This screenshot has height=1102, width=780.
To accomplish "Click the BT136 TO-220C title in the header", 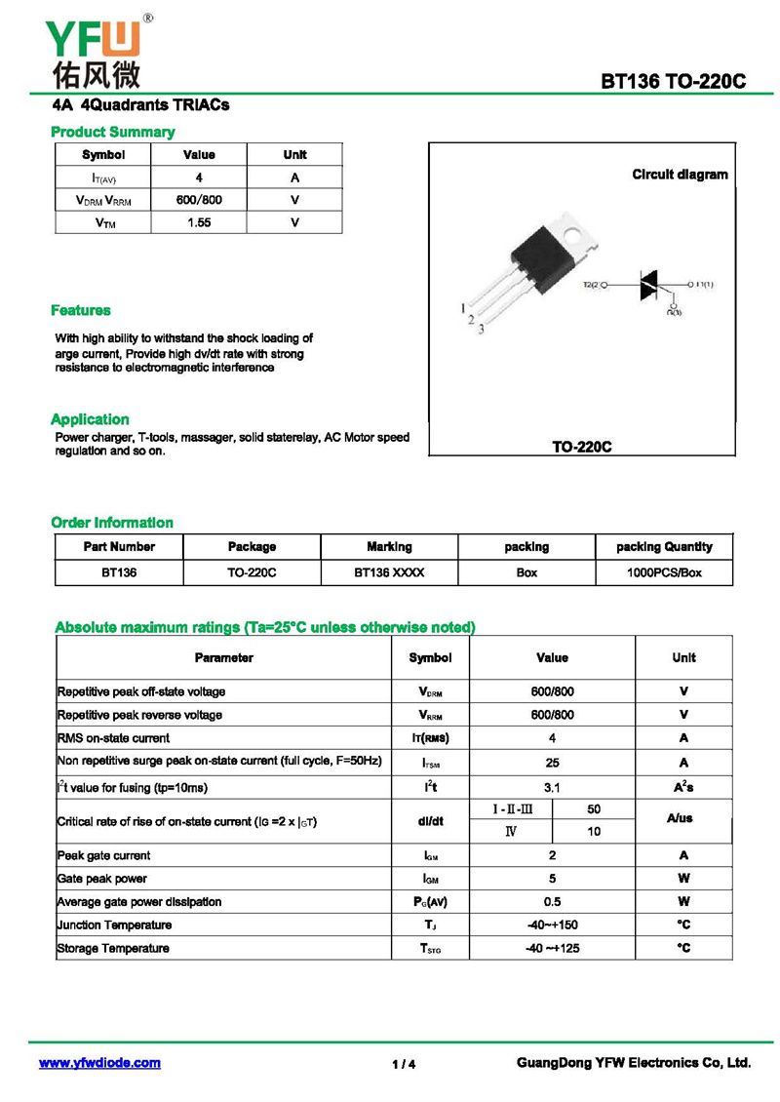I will (x=673, y=81).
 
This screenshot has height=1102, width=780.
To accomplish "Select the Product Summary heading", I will (x=112, y=132).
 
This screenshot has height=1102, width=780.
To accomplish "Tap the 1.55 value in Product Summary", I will (x=199, y=222).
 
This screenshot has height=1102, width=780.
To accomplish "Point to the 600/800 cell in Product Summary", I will (x=199, y=200).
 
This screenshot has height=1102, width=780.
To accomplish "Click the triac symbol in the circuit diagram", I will (x=650, y=285).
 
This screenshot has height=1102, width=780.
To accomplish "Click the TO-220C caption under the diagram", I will (x=581, y=447).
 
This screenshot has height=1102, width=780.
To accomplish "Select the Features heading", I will (x=81, y=310).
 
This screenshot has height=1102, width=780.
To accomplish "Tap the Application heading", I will (x=90, y=418).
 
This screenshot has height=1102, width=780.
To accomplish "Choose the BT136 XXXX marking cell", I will (x=389, y=572).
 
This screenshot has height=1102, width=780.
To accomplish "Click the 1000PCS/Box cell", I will (x=664, y=572).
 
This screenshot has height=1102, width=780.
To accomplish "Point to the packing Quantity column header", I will (x=664, y=547).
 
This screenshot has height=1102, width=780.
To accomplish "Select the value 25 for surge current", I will (x=552, y=762).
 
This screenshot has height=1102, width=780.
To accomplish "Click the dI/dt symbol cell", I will (x=430, y=821).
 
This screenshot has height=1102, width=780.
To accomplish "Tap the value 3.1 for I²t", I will (x=552, y=786).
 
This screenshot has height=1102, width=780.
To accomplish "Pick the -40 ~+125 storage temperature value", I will (x=552, y=948).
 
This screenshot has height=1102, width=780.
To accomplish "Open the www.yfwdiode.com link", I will (x=99, y=1063).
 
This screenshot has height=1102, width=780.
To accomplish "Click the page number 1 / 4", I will (x=404, y=1064).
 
